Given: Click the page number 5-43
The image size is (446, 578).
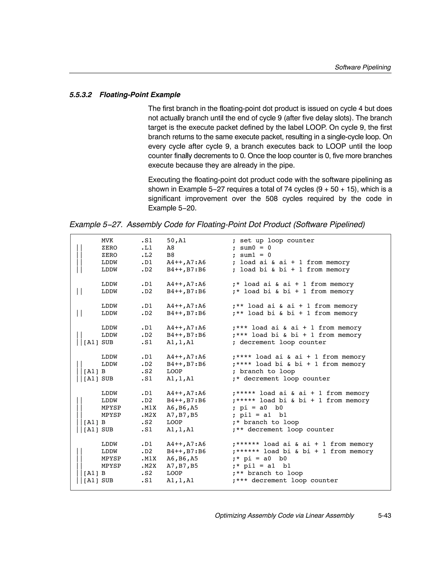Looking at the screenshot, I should [x=384, y=516].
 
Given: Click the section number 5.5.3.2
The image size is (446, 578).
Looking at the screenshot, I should [x=80, y=95].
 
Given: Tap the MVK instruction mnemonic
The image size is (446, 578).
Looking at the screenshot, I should [x=107, y=240].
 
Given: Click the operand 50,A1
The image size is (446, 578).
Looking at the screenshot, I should [x=176, y=240].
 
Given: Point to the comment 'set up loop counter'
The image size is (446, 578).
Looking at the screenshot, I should [x=277, y=240].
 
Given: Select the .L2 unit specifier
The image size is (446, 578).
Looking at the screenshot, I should [x=147, y=255].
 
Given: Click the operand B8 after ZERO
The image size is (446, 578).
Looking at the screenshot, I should [x=170, y=255].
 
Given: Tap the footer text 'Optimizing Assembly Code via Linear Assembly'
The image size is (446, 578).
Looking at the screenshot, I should [x=284, y=516].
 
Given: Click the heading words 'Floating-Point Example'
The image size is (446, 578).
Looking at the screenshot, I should [x=140, y=95].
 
